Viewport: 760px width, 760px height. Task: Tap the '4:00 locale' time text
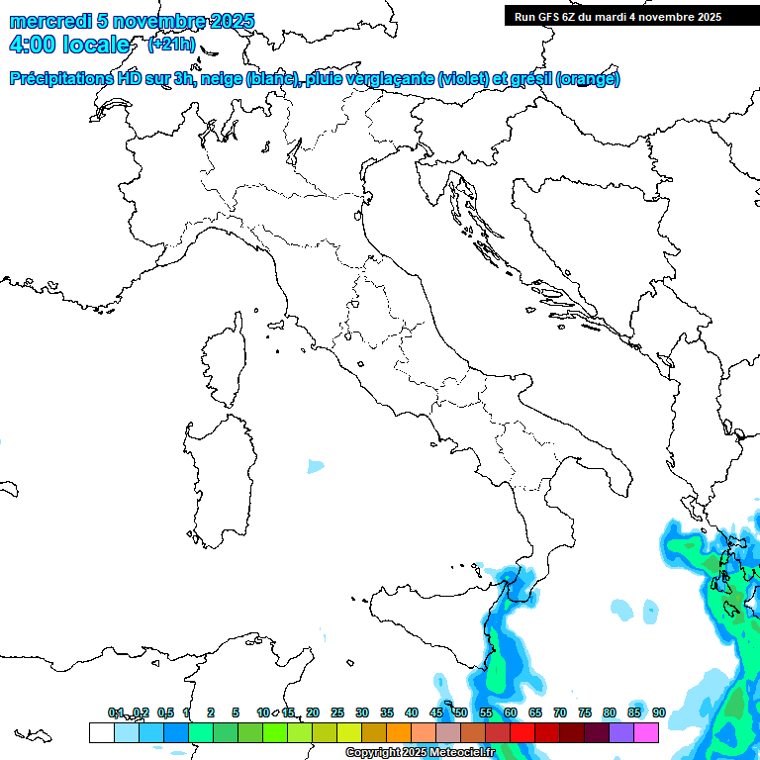click(x=69, y=45)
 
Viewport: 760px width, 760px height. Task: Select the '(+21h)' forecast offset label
click(x=171, y=45)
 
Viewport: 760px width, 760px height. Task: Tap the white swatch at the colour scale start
click(x=101, y=732)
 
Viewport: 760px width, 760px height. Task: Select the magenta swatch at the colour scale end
click(x=646, y=732)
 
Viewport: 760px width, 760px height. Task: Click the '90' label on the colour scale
click(x=658, y=712)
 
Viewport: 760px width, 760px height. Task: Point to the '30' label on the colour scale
click(x=362, y=712)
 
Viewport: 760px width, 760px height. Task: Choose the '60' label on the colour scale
click(x=511, y=712)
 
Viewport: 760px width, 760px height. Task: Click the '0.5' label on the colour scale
click(x=165, y=712)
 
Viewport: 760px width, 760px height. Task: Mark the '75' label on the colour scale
click(x=585, y=712)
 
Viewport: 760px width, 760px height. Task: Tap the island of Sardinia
click(x=220, y=475)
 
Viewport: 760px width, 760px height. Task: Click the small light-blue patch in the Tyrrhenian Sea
click(x=316, y=465)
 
